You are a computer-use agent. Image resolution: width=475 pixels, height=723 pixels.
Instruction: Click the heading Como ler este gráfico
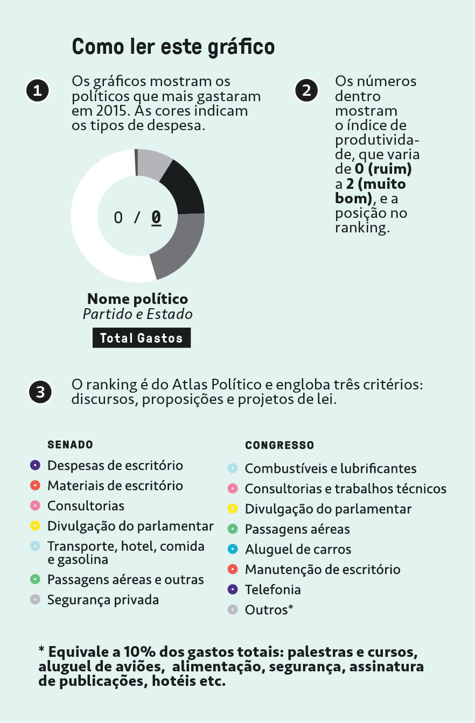tap(173, 47)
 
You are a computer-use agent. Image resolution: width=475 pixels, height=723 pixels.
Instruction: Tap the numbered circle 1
tap(37, 90)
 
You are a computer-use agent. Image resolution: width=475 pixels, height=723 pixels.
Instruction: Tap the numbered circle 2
tap(306, 90)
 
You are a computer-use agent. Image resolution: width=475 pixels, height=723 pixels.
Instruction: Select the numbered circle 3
tap(40, 393)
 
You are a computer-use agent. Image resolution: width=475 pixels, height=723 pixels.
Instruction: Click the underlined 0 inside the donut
tap(156, 217)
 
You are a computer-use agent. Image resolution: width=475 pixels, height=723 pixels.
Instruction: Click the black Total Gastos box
tap(141, 338)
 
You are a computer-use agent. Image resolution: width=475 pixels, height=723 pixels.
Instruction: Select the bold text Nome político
tap(137, 299)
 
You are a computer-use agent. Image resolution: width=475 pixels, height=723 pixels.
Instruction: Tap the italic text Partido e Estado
tap(137, 314)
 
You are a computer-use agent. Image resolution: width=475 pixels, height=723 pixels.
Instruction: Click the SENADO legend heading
tap(70, 445)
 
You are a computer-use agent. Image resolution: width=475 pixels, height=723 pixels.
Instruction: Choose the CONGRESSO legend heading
tap(280, 445)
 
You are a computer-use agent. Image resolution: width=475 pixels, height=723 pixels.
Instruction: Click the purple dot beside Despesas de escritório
tap(35, 465)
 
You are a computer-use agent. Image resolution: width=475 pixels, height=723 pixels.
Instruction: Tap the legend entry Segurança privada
tap(103, 599)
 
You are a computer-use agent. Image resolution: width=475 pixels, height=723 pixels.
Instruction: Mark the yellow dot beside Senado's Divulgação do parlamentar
tap(35, 526)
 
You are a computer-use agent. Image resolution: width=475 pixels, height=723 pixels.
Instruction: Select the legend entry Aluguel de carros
tap(298, 549)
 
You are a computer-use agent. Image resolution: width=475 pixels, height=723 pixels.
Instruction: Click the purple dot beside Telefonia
tap(233, 590)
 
